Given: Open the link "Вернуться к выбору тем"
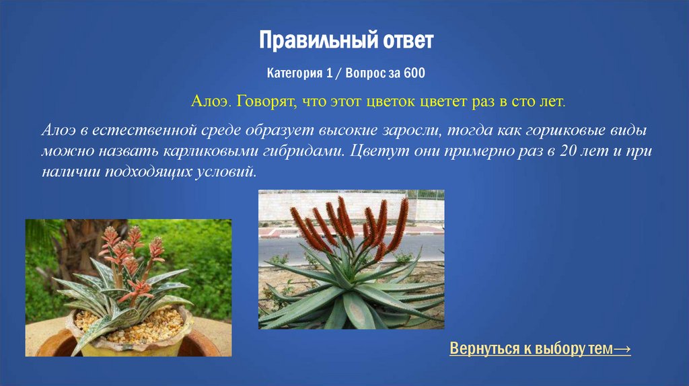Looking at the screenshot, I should tap(531, 350).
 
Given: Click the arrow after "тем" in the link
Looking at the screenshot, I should tap(622, 350).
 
